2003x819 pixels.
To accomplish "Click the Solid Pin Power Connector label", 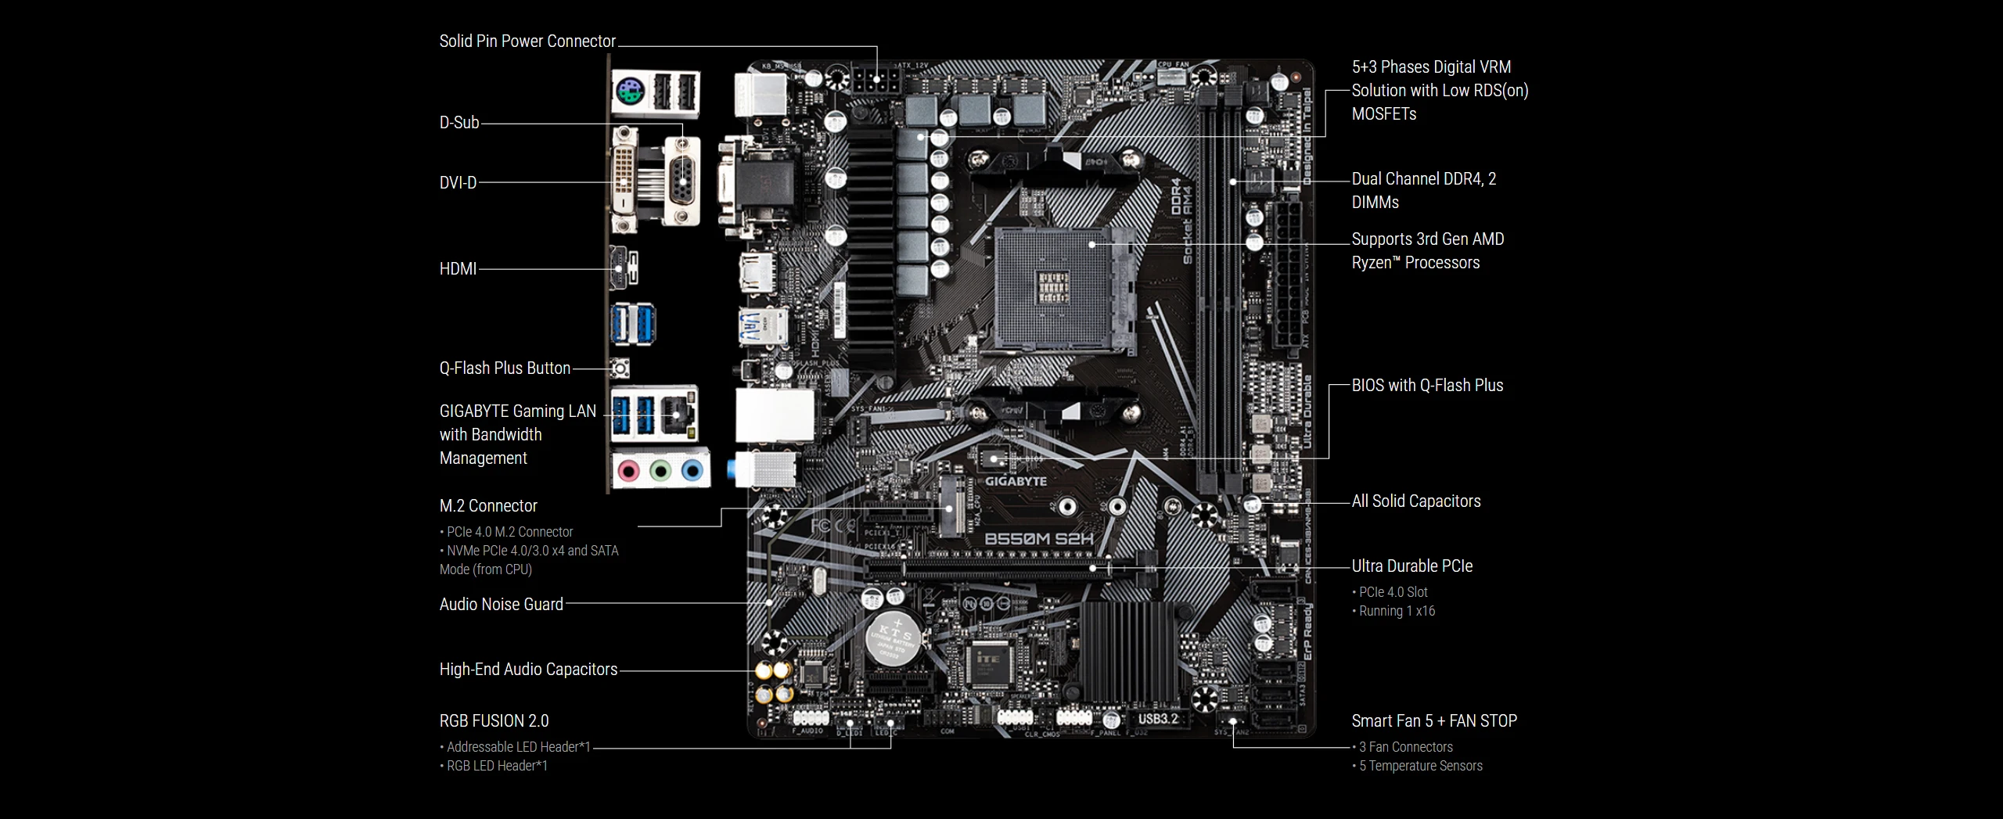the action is [527, 41].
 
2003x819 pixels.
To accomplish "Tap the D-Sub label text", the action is [459, 123].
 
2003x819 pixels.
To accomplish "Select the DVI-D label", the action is [458, 183].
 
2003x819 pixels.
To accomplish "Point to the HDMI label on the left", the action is [458, 269].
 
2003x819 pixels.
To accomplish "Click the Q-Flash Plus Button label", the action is [505, 368].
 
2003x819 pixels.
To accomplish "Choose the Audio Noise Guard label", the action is [501, 605].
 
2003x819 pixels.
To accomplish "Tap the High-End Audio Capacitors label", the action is [528, 670].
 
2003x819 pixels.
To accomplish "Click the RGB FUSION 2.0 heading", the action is [494, 721].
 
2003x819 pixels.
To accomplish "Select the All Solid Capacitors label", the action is [1416, 501].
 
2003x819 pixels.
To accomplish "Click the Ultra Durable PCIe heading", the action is [1411, 566].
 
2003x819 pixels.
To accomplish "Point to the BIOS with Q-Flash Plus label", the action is [1427, 386].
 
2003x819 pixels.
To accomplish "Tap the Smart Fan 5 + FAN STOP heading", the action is [1434, 721].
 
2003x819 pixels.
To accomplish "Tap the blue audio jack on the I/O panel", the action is [692, 471].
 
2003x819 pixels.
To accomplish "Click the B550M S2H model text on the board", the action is [1038, 538].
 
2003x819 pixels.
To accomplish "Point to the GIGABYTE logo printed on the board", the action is [1015, 482].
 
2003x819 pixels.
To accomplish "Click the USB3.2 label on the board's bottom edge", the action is [1157, 719].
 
